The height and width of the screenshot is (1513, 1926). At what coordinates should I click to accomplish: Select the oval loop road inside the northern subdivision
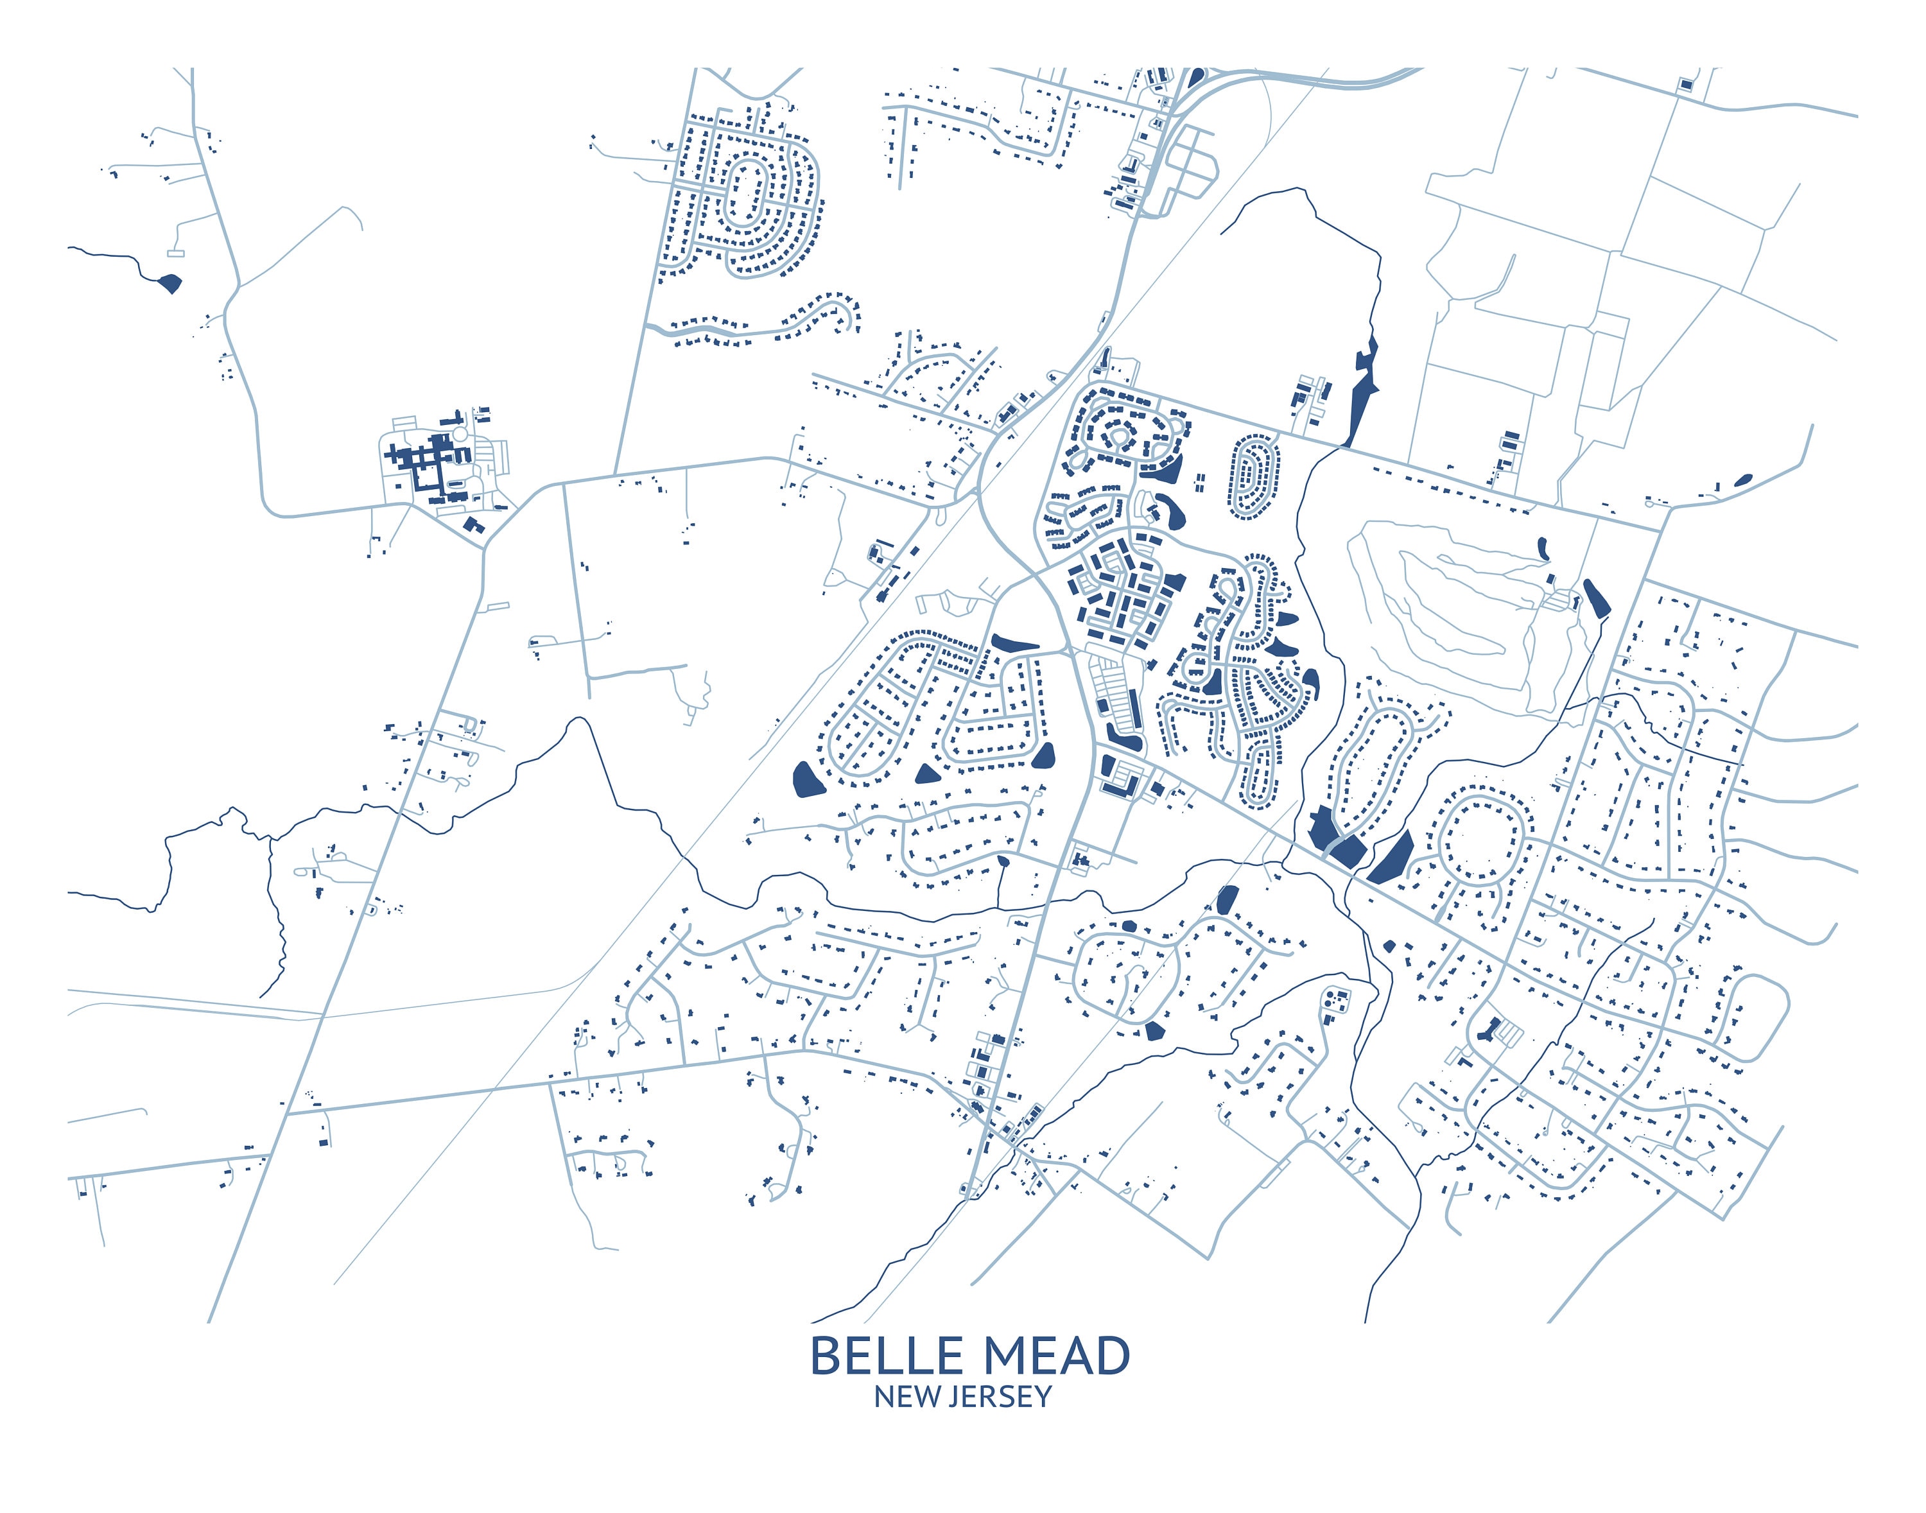tap(747, 191)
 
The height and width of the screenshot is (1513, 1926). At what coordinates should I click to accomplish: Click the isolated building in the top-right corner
tap(1685, 84)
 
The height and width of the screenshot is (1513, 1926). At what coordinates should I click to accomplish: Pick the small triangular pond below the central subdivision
tap(926, 774)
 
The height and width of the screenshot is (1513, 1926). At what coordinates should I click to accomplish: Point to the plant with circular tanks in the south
tap(1335, 1001)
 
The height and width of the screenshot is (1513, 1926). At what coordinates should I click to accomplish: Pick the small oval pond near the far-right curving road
tap(1742, 480)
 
